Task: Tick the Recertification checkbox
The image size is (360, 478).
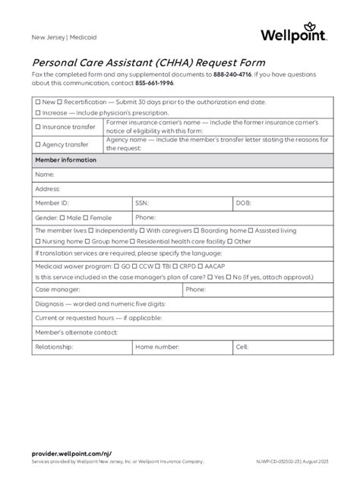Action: click(x=61, y=101)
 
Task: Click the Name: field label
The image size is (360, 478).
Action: click(x=45, y=175)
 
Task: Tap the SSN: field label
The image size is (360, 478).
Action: click(x=143, y=203)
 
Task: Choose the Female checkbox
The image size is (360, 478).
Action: click(x=86, y=218)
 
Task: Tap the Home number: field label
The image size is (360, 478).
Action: click(x=157, y=347)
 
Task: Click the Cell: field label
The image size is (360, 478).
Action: click(x=242, y=347)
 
